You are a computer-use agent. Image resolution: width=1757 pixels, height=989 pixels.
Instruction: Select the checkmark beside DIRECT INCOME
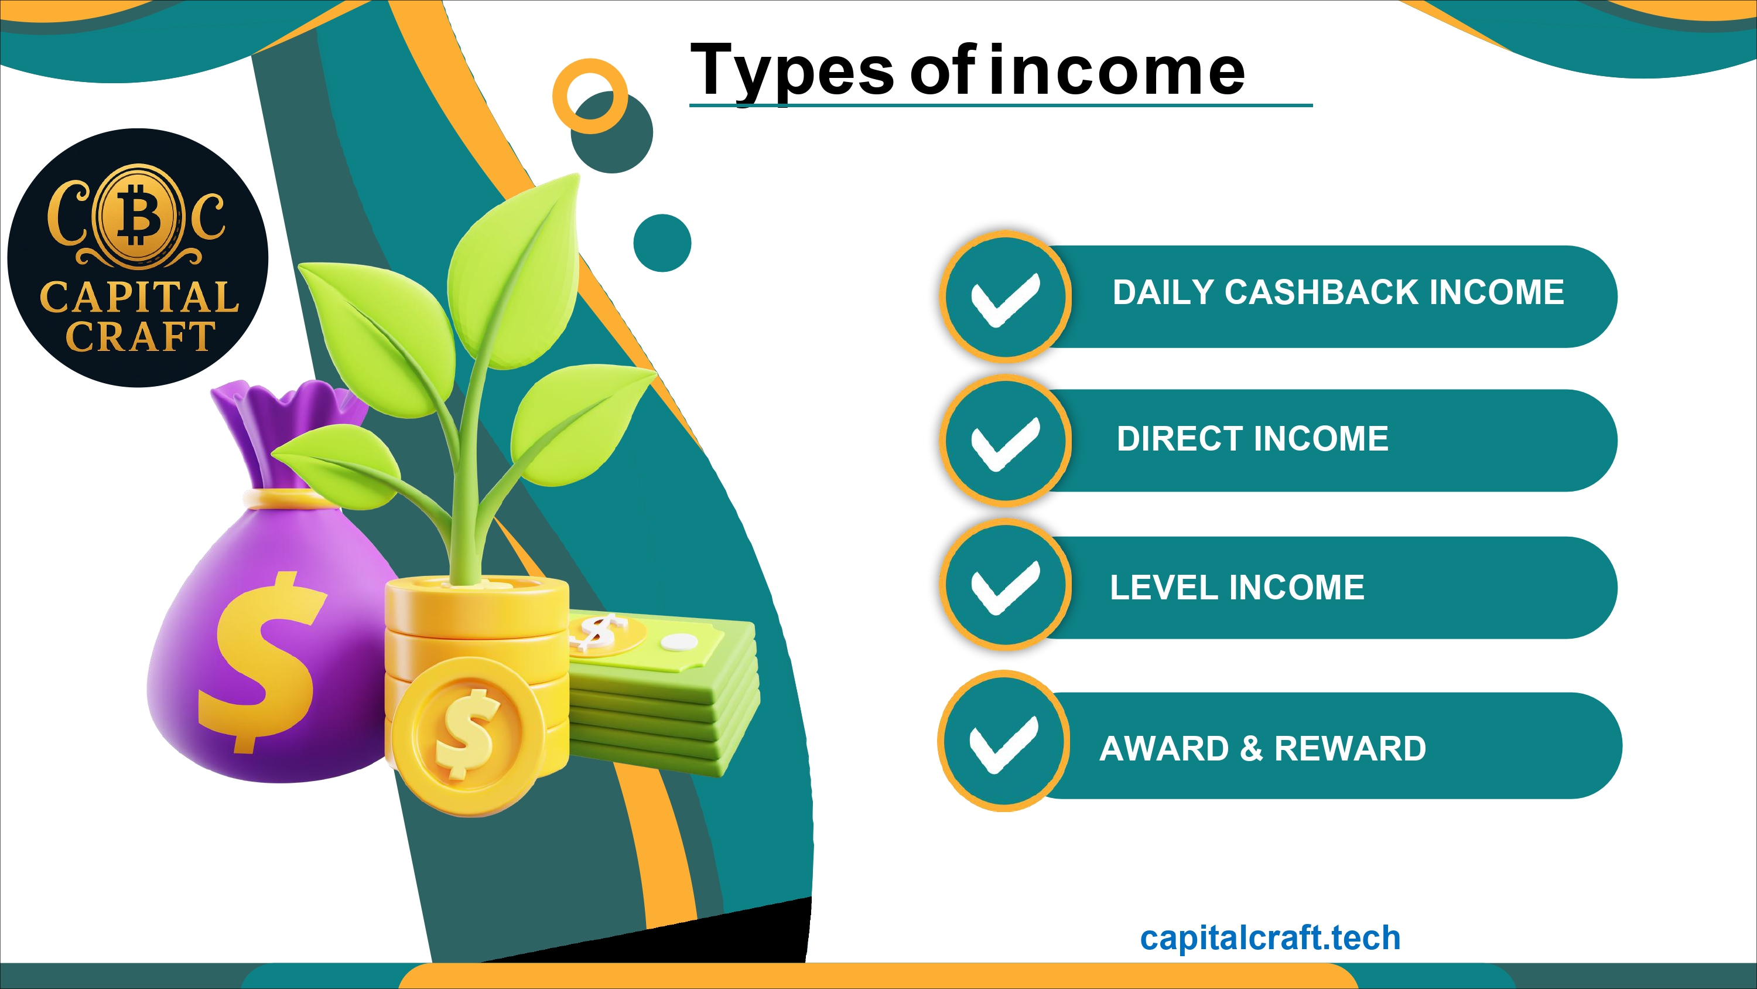(1006, 444)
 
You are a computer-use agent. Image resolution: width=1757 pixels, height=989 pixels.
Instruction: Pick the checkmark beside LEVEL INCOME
(1006, 588)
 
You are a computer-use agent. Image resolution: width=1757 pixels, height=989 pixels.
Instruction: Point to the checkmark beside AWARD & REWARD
(1004, 745)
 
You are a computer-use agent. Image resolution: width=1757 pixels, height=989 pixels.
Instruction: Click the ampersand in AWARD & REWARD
(1252, 748)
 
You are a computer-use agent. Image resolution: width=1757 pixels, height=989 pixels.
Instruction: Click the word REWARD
(1351, 748)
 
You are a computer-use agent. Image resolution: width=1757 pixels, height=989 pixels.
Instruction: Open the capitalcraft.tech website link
(1270, 938)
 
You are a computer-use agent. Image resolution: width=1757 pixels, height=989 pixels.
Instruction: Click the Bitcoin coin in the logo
(138, 215)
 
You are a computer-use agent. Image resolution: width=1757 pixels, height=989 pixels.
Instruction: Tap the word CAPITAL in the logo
(140, 297)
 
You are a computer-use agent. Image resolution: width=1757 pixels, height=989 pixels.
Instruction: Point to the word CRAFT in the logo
(141, 336)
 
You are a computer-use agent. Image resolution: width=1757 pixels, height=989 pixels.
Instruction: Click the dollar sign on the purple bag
(262, 662)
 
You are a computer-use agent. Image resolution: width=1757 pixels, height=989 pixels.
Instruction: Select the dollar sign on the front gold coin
(469, 734)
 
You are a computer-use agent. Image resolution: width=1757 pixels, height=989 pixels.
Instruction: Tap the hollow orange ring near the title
(590, 96)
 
